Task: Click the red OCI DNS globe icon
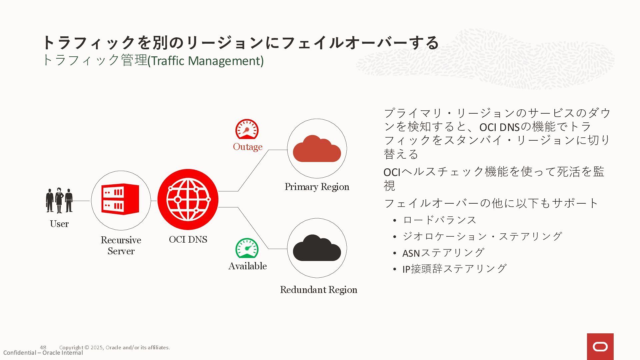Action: [188, 199]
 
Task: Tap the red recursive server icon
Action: [120, 199]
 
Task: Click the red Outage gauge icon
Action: [247, 129]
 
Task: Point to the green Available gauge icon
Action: [247, 248]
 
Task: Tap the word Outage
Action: [248, 147]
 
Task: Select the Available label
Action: [248, 266]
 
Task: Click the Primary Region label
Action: [317, 187]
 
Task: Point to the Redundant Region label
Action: [318, 290]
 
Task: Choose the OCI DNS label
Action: [188, 239]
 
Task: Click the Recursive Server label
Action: [121, 245]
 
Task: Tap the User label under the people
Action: [59, 224]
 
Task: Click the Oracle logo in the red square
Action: [600, 347]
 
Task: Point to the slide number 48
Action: [43, 347]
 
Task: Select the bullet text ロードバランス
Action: [440, 220]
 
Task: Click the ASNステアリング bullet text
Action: [443, 253]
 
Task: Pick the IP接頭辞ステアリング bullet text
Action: [454, 269]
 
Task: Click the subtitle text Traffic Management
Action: [205, 61]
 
